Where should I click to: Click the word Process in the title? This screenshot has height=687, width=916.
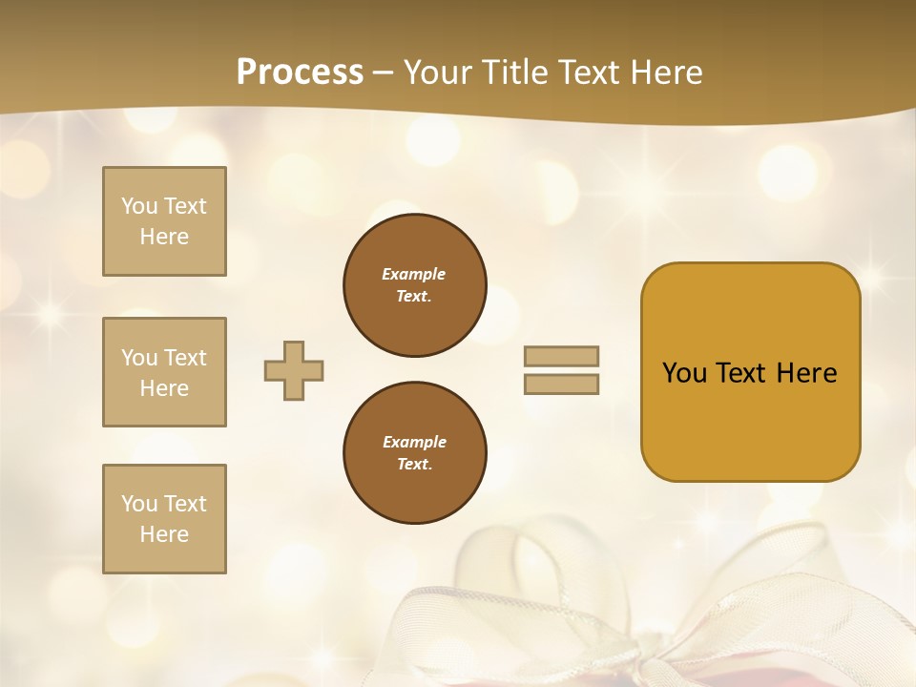(x=300, y=73)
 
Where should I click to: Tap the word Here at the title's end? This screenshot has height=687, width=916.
(x=663, y=73)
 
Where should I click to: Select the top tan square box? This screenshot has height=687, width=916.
(x=164, y=221)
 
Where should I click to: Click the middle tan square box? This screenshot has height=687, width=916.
(x=164, y=372)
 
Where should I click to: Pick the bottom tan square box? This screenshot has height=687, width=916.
(x=164, y=519)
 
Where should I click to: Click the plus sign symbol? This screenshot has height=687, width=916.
(x=294, y=370)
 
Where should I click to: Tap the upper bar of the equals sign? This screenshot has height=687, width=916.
(x=562, y=356)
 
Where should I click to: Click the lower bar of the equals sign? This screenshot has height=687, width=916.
(x=562, y=385)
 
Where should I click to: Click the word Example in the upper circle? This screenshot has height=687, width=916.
(x=413, y=274)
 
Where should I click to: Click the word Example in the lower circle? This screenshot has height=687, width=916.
(x=414, y=442)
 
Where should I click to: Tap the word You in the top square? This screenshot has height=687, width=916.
(x=139, y=206)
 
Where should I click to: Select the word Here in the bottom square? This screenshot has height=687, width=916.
(x=164, y=534)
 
